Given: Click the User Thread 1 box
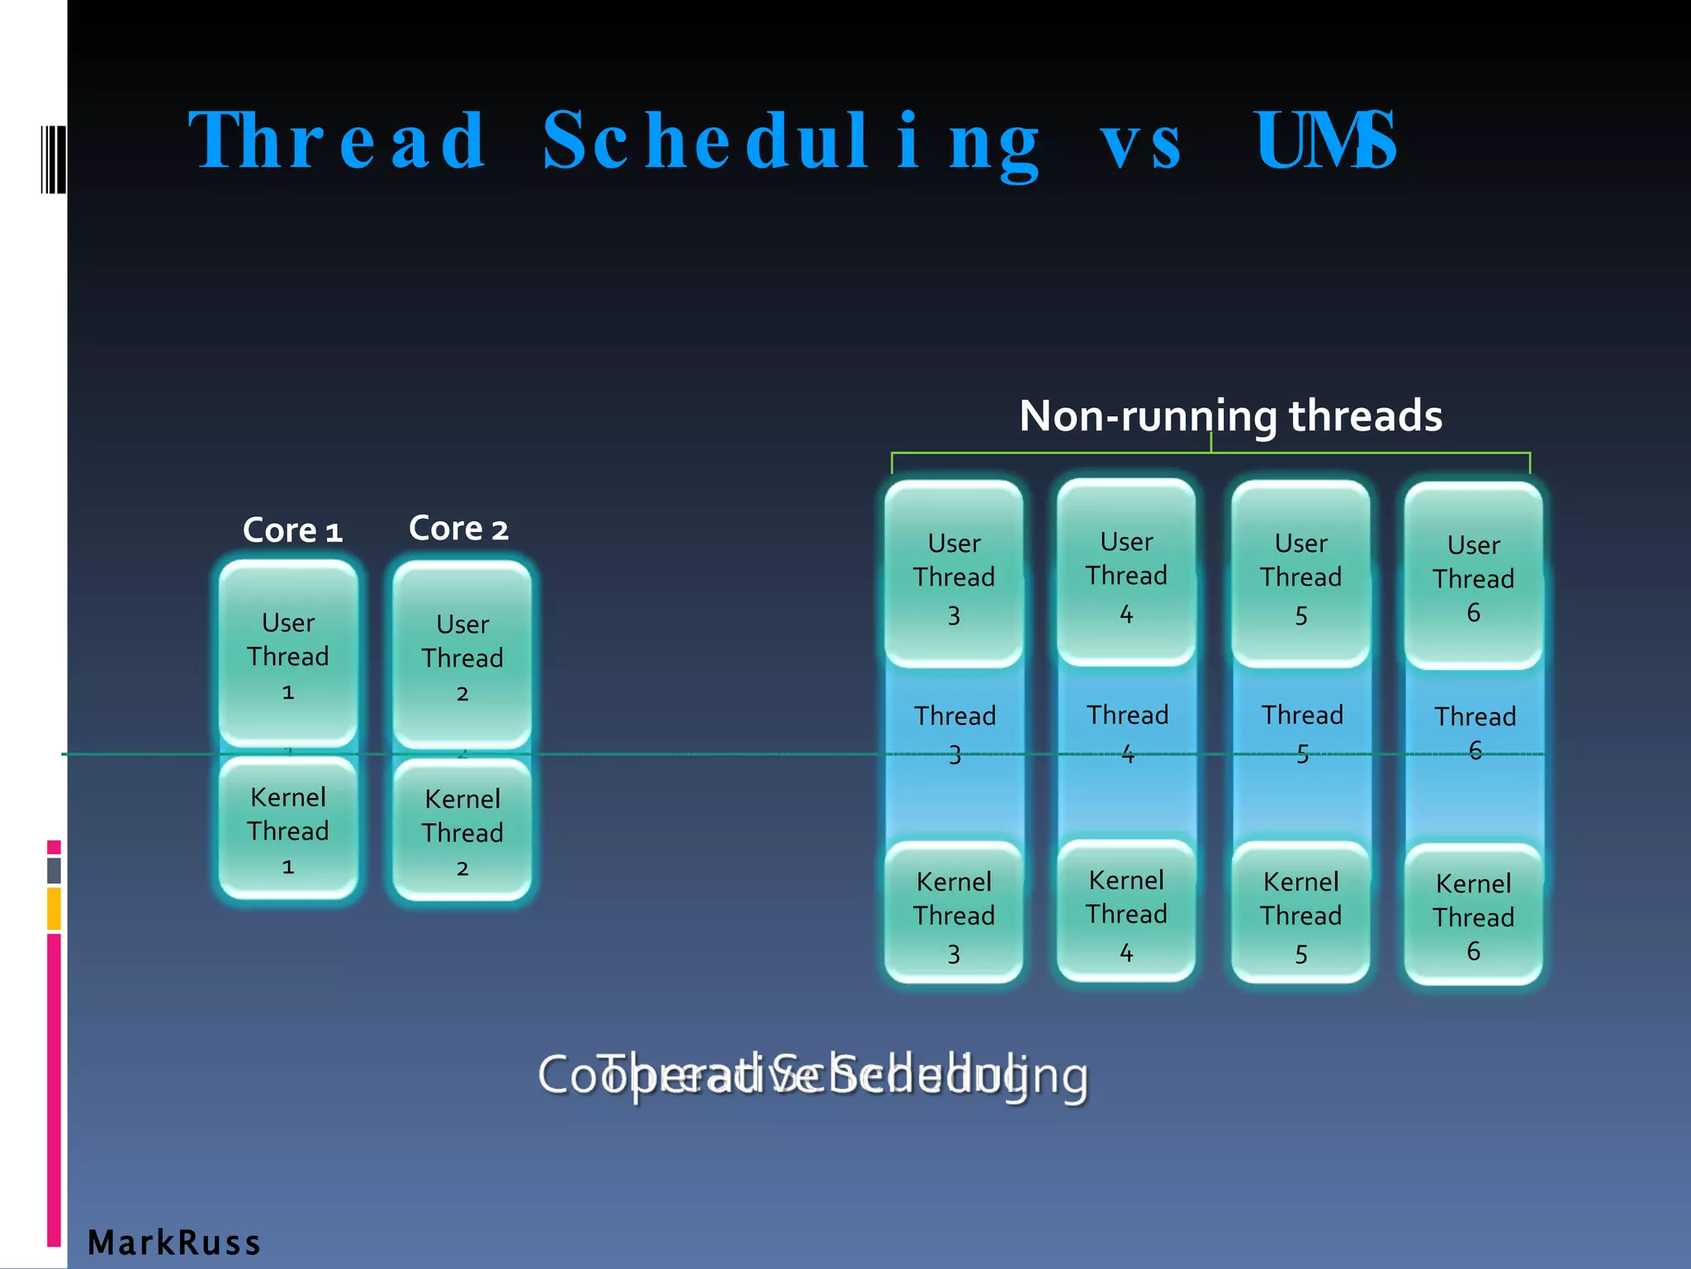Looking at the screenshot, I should click(288, 654).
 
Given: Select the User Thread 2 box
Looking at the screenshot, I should click(462, 656).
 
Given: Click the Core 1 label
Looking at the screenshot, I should click(292, 530).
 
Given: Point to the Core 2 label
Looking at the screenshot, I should click(458, 528).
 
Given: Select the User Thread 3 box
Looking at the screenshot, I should click(954, 575).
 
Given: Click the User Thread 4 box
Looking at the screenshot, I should click(1126, 573).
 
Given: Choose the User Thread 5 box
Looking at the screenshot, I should click(1300, 575).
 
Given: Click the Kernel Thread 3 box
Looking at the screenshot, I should click(954, 914).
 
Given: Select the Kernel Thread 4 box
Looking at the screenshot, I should click(1126, 912).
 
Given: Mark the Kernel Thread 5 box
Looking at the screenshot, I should click(1300, 914).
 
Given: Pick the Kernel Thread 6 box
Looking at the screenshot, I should click(1473, 915).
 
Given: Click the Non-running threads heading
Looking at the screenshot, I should click(1230, 416).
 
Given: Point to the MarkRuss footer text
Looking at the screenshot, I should click(174, 1243).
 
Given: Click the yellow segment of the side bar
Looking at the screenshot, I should click(54, 908).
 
